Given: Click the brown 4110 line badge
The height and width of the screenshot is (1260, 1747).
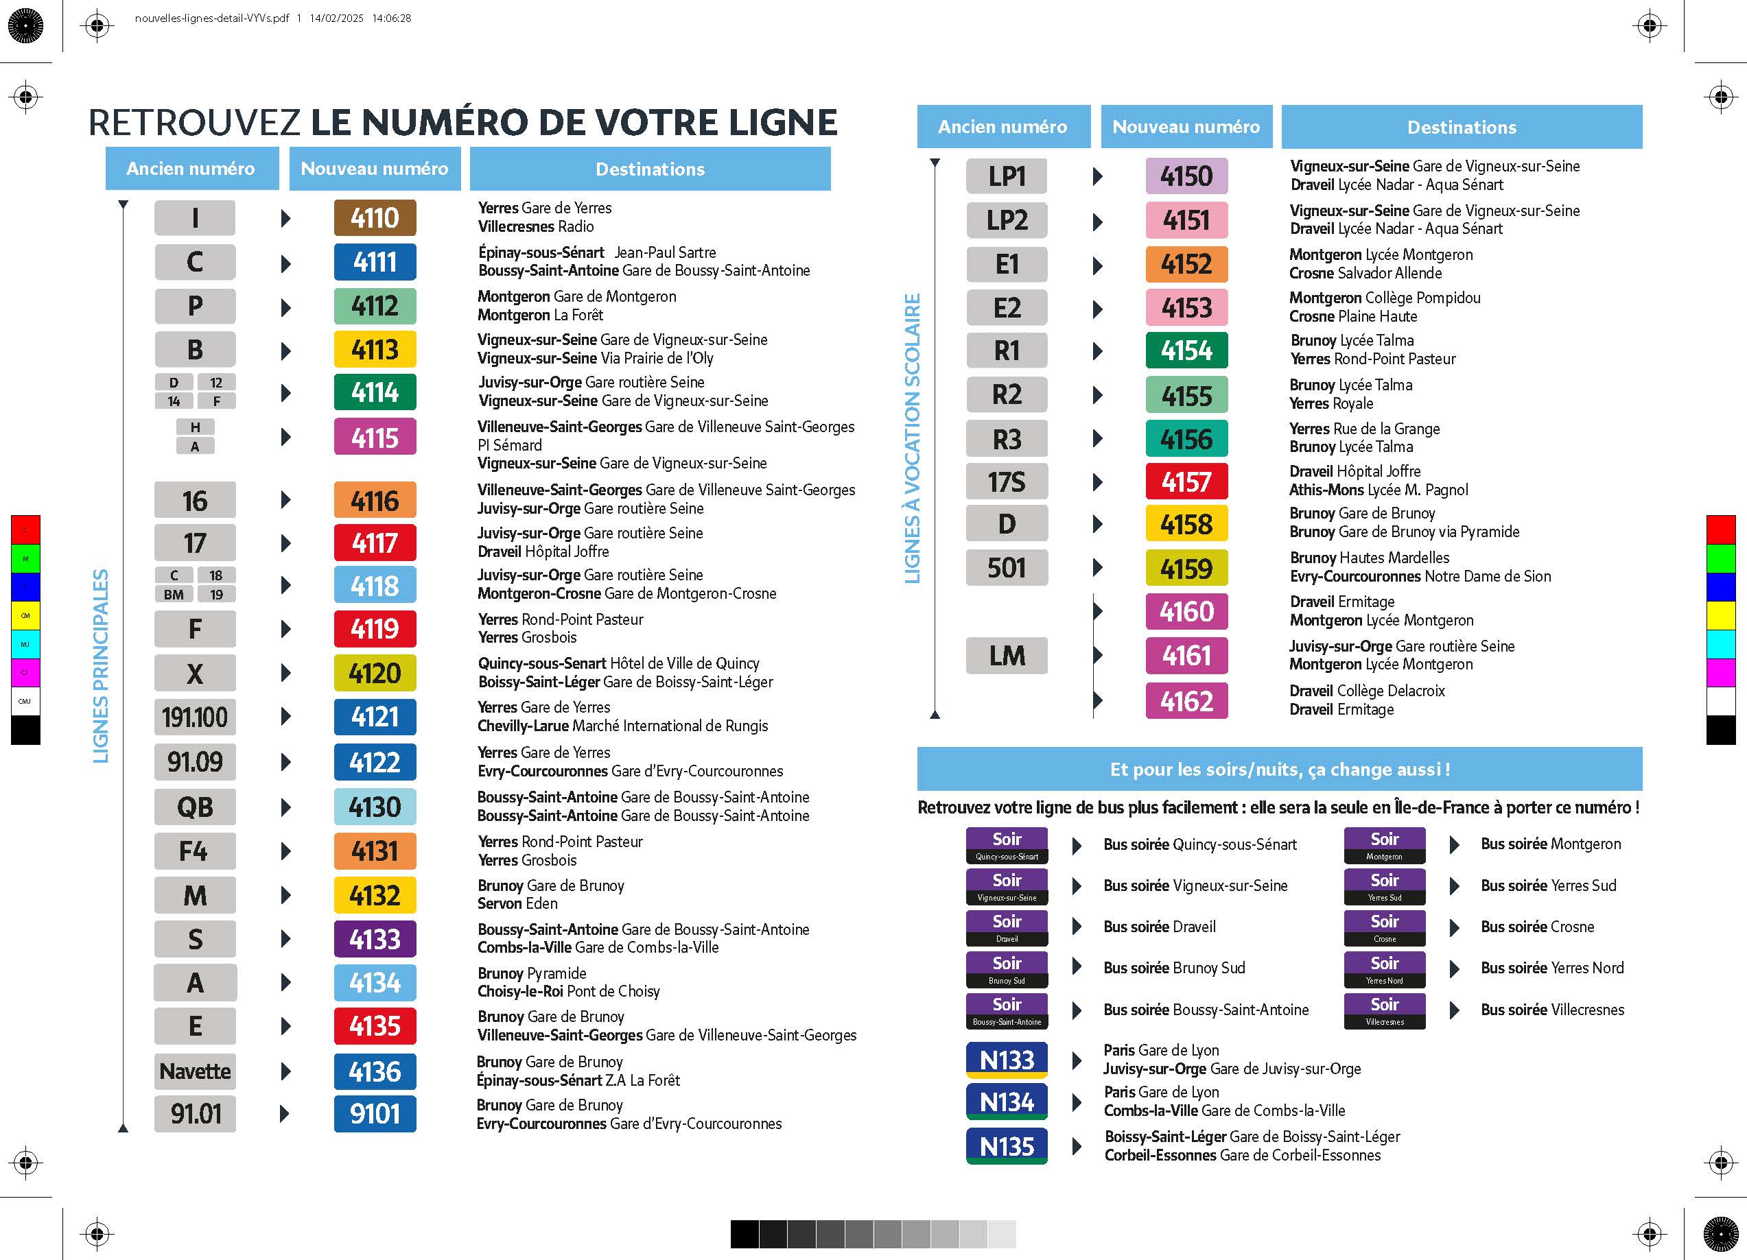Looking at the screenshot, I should click(x=375, y=218).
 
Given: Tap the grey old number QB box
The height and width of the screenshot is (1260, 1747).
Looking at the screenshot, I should click(x=195, y=807).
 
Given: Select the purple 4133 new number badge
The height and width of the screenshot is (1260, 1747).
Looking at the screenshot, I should click(x=375, y=940).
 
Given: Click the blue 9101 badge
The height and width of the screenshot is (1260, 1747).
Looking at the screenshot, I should click(x=375, y=1114).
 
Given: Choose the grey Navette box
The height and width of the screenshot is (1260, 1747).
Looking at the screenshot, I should click(x=195, y=1071).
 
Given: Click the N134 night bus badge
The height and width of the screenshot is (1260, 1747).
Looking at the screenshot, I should click(x=1007, y=1102).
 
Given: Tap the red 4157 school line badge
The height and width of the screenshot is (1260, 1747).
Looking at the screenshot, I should click(x=1186, y=482).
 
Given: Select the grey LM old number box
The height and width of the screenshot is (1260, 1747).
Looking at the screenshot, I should click(x=1007, y=656).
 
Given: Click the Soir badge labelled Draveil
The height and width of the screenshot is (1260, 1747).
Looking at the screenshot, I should click(x=1007, y=927).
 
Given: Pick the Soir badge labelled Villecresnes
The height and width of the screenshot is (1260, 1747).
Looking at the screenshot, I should click(x=1384, y=1010).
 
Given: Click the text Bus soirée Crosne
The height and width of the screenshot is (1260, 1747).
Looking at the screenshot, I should click(x=1537, y=927).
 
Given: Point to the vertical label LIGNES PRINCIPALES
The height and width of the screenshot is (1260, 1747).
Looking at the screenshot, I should click(x=101, y=666).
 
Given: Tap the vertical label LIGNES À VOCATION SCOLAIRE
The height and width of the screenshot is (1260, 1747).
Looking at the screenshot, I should click(x=913, y=438).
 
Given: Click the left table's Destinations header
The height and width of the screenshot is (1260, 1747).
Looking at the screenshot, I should click(x=650, y=169).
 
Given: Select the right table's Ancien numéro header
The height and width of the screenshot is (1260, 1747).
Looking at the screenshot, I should click(x=1003, y=127).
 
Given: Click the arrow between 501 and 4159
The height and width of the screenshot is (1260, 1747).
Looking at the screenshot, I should click(x=1098, y=569).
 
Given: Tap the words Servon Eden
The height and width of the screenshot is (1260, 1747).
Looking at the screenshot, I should click(x=517, y=903).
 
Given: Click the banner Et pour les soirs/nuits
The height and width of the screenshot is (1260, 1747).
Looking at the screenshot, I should click(x=1280, y=770).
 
